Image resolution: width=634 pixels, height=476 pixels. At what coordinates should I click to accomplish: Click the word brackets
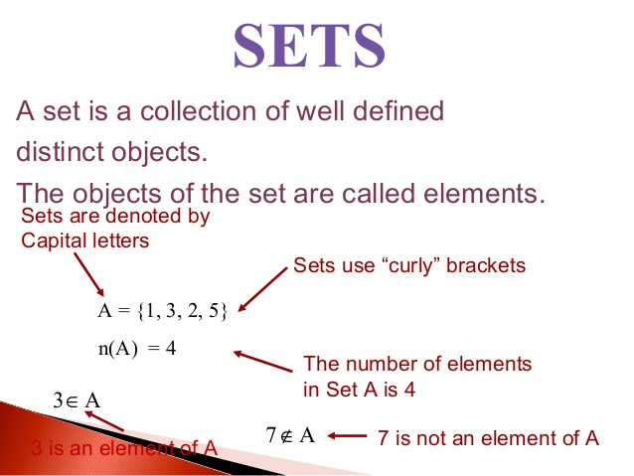[488, 266]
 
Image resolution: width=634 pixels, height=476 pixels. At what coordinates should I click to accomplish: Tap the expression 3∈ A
[77, 402]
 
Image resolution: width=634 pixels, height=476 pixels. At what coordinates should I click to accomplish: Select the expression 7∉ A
[290, 435]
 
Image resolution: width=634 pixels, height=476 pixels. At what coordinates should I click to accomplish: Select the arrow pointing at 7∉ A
[347, 435]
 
